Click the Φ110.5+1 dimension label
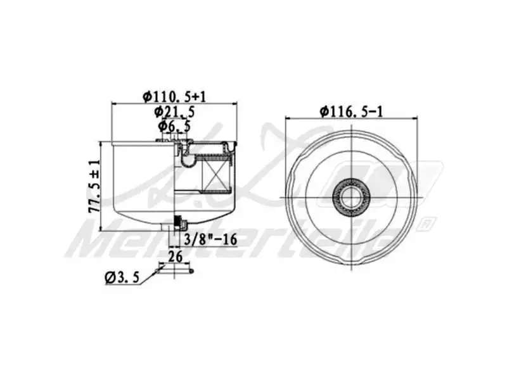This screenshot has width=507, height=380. tap(174, 96)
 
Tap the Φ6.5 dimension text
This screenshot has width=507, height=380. tap(174, 126)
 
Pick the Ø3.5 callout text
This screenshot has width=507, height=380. tap(120, 277)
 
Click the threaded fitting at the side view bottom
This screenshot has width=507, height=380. tap(179, 222)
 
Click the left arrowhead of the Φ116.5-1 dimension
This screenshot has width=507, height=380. tap(286, 118)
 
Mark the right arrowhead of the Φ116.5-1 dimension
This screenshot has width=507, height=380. tap(416, 118)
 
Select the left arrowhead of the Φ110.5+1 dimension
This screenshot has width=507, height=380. tap(114, 103)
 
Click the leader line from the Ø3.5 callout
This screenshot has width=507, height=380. tap(150, 274)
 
